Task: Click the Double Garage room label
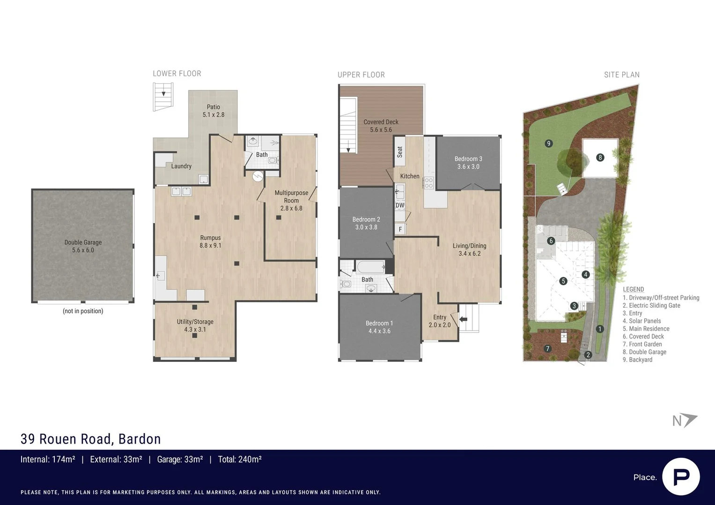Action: [x=83, y=246]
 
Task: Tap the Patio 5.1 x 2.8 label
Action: [x=214, y=111]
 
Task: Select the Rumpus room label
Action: [x=210, y=241]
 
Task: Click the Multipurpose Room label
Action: [x=291, y=200]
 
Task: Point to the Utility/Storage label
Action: [x=195, y=325]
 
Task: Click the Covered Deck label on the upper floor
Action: [x=381, y=126]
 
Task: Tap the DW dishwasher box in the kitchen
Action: [x=400, y=205]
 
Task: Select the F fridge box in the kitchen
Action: [x=400, y=229]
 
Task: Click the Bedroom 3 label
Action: [x=468, y=163]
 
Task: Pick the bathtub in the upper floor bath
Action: [x=370, y=267]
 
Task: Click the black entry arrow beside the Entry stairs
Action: [x=463, y=319]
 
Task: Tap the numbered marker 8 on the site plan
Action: [x=600, y=158]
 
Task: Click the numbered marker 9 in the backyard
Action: [x=549, y=144]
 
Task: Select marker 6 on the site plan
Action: [x=551, y=241]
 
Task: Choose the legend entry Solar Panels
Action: [x=645, y=321]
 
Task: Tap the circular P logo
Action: [x=681, y=476]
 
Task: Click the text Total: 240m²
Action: [x=239, y=459]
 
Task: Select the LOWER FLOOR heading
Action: [x=177, y=73]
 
